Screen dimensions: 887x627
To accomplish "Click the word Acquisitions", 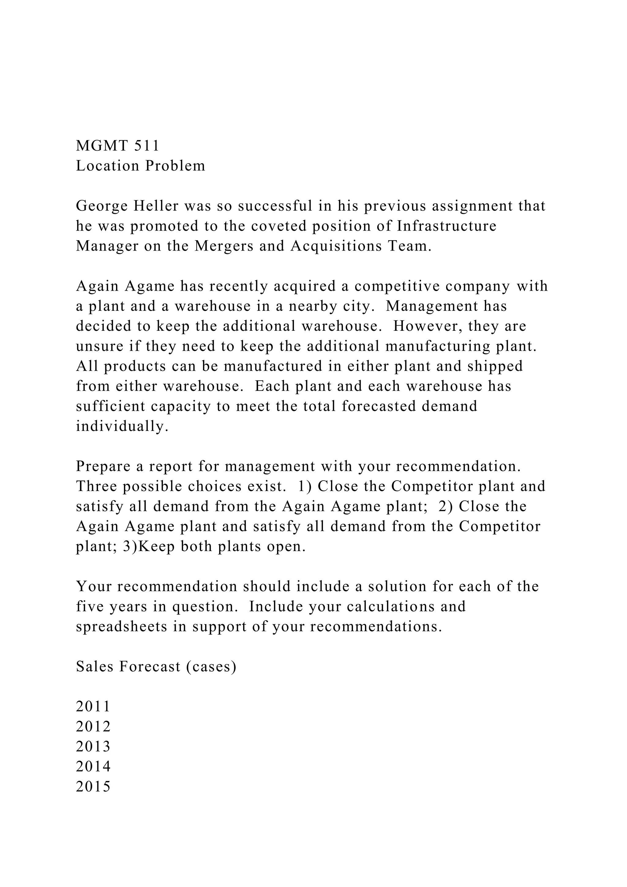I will click(x=336, y=246).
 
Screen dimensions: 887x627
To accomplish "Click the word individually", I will click(x=122, y=427).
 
